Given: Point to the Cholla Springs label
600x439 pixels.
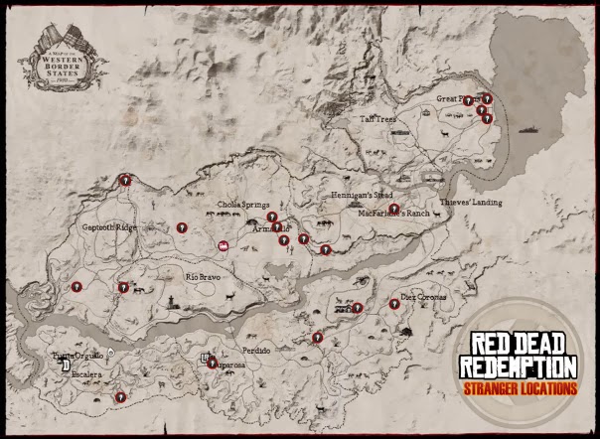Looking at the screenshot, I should coord(242,208).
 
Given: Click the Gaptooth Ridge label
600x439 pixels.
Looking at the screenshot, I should coord(108,226).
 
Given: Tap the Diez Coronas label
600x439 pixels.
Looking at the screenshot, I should coord(424,296).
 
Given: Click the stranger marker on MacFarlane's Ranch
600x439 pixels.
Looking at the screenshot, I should coord(394,210).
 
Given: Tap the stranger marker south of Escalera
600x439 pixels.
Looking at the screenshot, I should coord(120,396).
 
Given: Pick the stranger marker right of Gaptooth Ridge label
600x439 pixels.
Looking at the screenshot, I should coord(182,227).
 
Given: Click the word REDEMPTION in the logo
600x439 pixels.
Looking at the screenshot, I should coord(517,365).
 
